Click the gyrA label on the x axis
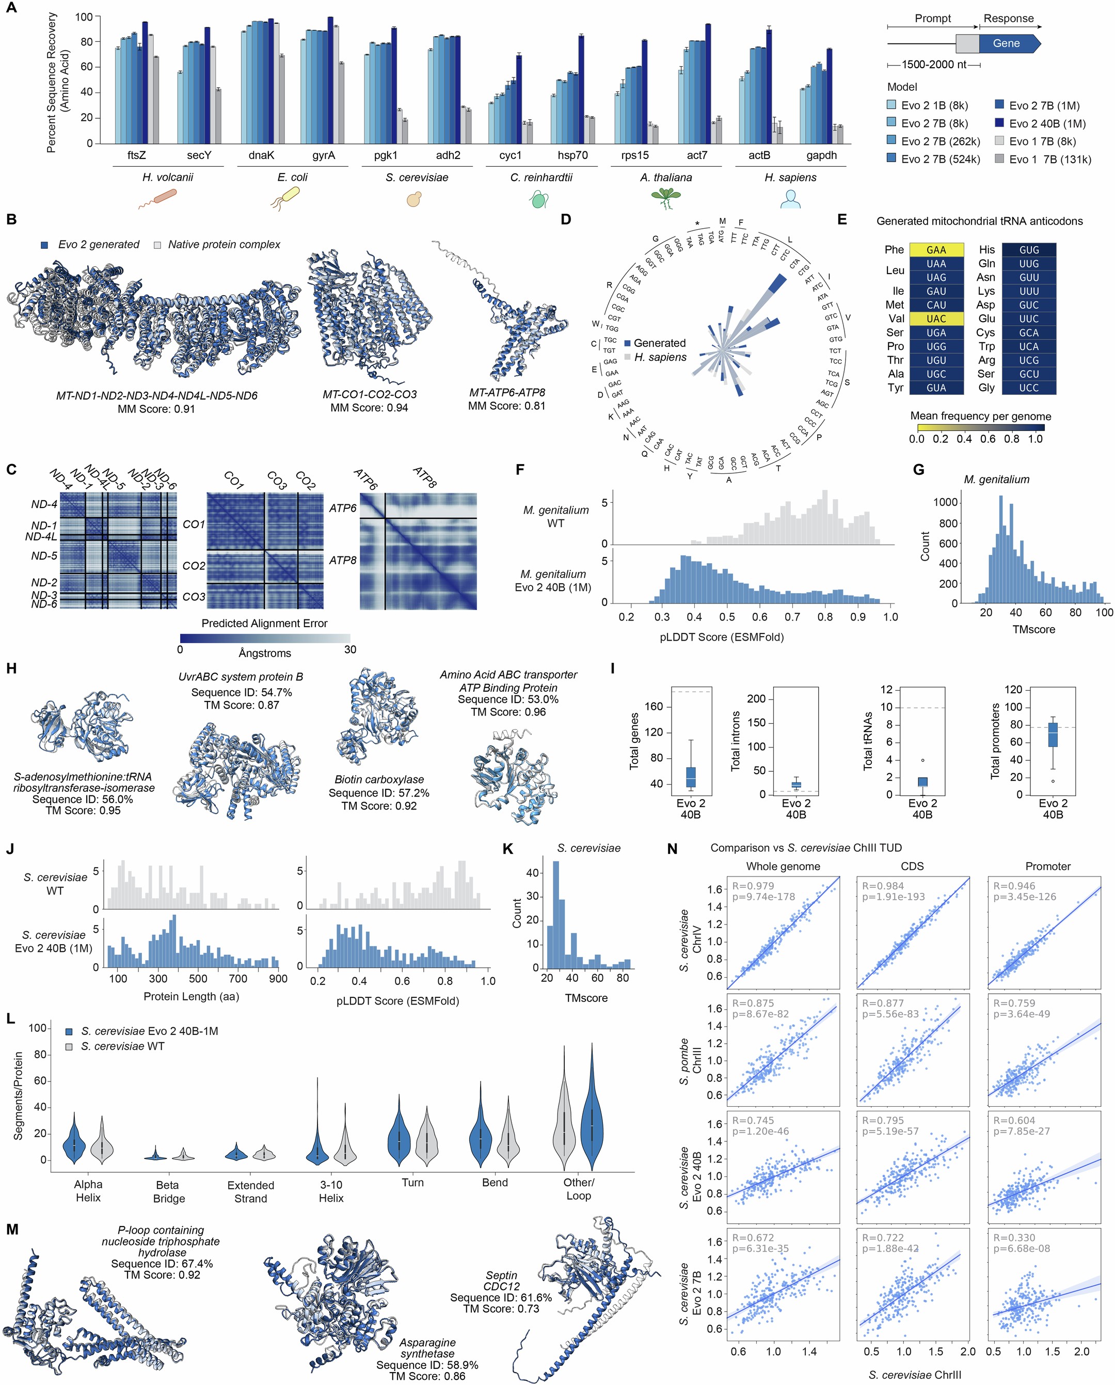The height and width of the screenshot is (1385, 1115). click(x=323, y=155)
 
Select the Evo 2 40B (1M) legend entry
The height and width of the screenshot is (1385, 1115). click(x=1047, y=123)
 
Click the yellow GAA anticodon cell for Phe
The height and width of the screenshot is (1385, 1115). click(x=936, y=250)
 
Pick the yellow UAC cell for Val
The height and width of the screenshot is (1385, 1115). click(x=936, y=319)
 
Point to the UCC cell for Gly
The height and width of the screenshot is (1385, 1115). click(x=1028, y=388)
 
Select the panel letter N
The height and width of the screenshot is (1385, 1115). click(x=673, y=849)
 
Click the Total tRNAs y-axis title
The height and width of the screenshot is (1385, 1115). click(x=868, y=741)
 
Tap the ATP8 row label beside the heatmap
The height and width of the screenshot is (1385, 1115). click(x=342, y=560)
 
